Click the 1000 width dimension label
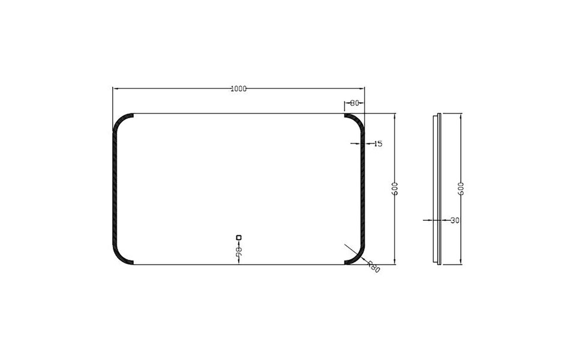click(239, 89)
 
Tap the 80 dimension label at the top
click(354, 103)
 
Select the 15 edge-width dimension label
click(378, 144)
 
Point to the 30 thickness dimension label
click(454, 221)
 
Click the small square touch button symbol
click(239, 236)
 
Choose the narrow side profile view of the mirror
click(439, 188)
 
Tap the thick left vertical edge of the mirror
click(114, 188)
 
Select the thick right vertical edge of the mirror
click(363, 188)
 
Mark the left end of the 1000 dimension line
click(113, 89)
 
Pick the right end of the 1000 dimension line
click(365, 89)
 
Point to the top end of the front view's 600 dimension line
click(395, 113)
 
